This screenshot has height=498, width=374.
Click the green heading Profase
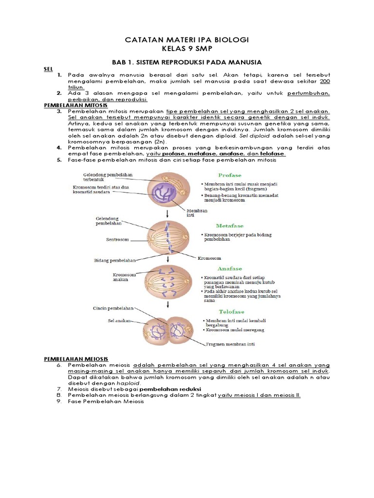(x=229, y=175)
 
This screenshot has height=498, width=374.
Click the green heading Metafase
(x=230, y=226)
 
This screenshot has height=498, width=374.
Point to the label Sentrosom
(x=117, y=240)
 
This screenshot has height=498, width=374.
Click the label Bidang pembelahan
(x=114, y=261)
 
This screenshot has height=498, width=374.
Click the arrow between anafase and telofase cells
(x=168, y=305)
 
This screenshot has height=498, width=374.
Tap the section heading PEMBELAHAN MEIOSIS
(x=76, y=359)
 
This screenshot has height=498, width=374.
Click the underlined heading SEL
(x=48, y=70)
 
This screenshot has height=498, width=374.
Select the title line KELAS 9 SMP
(x=187, y=49)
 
